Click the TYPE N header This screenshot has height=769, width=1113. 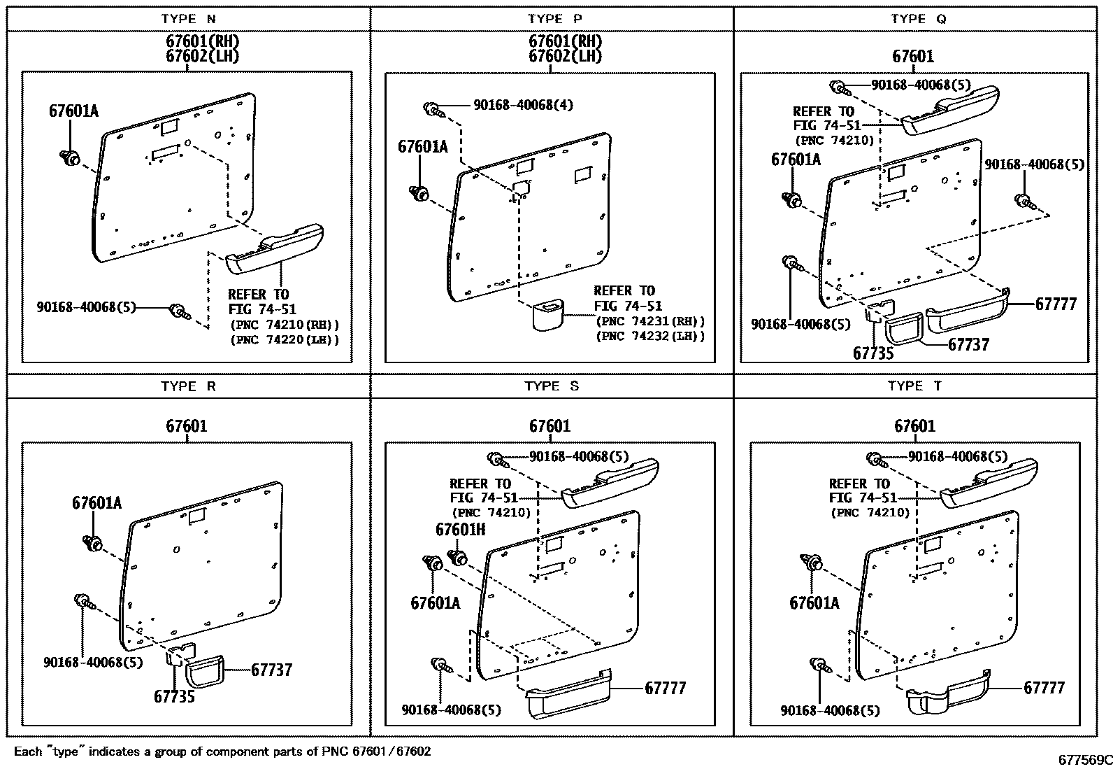tap(188, 19)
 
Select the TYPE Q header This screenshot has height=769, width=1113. tap(918, 19)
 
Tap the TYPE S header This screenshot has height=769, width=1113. tap(552, 386)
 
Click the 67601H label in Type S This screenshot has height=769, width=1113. tap(460, 530)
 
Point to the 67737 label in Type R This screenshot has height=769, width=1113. tap(271, 670)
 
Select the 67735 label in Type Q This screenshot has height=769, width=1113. tap(873, 353)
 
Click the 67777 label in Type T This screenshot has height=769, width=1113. tap(1044, 688)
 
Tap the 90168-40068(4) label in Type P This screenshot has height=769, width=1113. tap(523, 105)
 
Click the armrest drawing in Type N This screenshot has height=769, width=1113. tap(275, 248)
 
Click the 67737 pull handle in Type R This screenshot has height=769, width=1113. tap(205, 672)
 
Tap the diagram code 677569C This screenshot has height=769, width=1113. tap(1085, 760)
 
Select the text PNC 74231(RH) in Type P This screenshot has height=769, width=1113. tap(650, 321)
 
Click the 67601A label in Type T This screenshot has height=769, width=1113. tap(814, 603)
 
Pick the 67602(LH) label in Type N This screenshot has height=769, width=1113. tap(202, 56)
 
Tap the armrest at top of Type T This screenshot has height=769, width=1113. tap(989, 483)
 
